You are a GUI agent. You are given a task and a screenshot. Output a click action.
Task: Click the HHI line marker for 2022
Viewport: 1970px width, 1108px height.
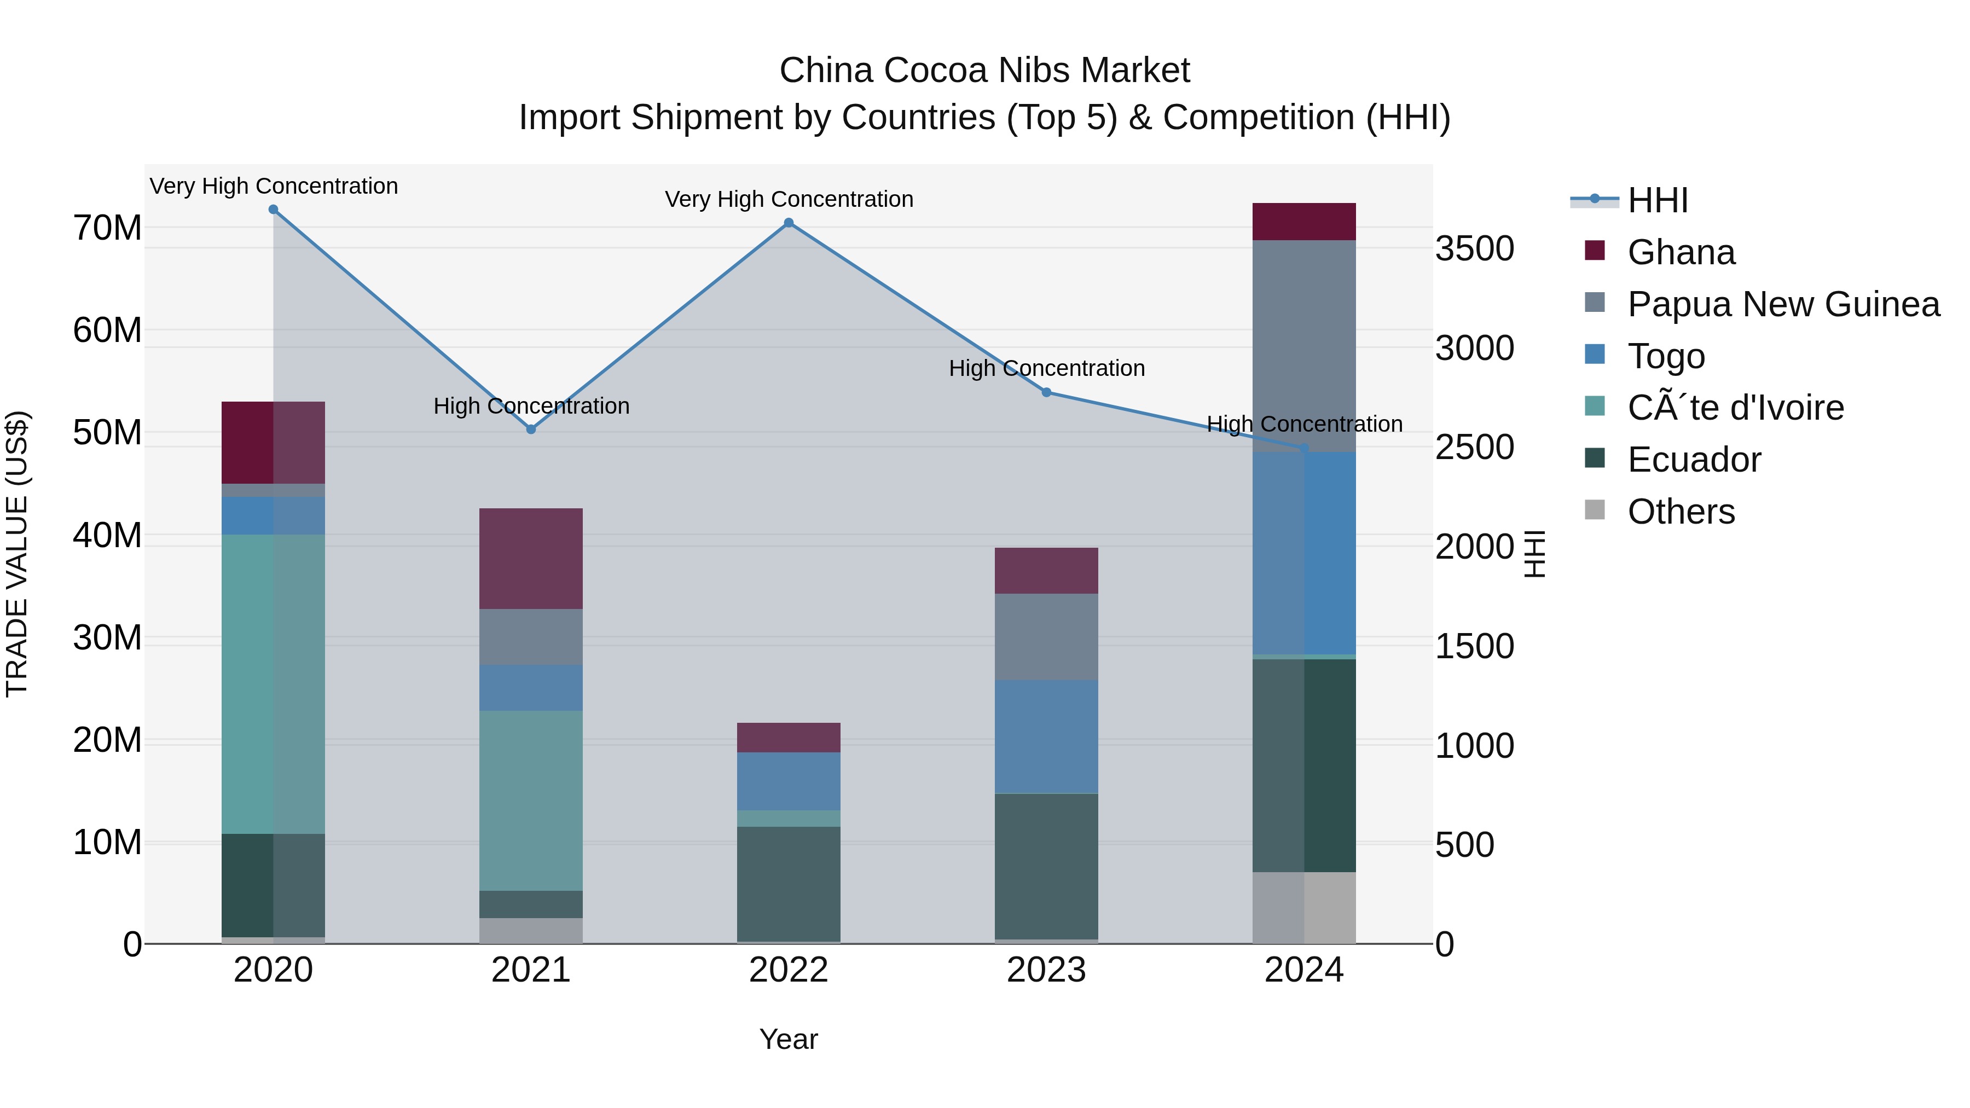coord(789,223)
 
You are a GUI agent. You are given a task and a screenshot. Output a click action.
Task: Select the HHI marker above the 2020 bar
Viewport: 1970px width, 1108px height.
coord(273,210)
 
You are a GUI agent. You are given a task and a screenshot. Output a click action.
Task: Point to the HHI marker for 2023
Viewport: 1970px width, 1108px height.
coord(1046,392)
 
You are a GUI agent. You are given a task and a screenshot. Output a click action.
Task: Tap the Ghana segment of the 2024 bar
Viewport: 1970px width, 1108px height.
coord(1304,222)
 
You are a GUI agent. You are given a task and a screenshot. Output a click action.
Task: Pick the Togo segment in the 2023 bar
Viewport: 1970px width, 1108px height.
coord(1046,736)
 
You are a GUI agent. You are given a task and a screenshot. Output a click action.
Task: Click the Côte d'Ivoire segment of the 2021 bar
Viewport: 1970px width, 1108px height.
coord(531,800)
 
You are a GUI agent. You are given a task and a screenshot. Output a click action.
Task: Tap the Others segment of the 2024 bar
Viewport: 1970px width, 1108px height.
coord(1304,908)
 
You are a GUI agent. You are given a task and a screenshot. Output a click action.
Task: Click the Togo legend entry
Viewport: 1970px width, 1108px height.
coord(1666,356)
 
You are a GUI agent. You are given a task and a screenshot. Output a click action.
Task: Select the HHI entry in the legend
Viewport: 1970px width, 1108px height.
coord(1657,200)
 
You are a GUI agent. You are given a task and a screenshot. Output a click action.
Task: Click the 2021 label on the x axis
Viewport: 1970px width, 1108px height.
coord(531,970)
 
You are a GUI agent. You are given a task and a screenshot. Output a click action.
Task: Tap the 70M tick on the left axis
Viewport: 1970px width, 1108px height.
coord(107,228)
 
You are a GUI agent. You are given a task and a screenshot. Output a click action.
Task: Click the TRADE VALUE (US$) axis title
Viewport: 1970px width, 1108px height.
coord(17,554)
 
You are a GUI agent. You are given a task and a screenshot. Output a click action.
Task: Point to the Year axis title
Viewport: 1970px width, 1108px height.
coord(789,1039)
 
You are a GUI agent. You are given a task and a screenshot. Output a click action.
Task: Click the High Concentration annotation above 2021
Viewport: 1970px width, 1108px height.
coord(531,406)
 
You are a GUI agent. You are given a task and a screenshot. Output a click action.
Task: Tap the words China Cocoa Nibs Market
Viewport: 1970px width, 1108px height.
coord(984,71)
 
